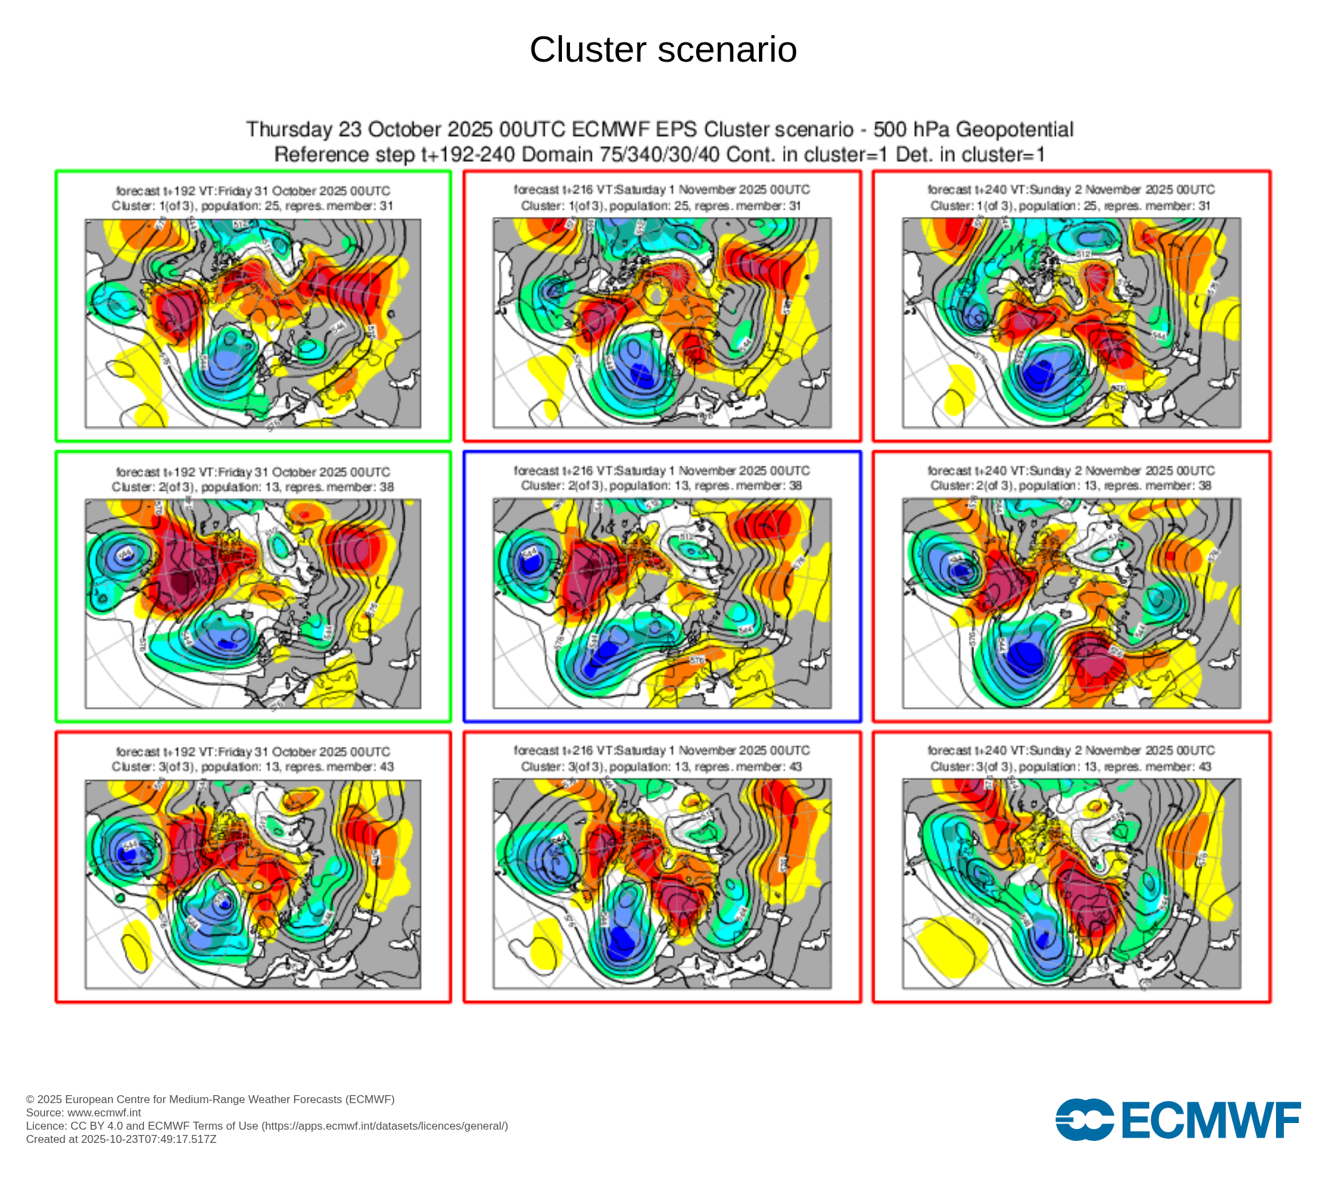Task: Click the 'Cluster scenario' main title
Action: (x=663, y=50)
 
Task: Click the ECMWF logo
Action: (x=1178, y=1120)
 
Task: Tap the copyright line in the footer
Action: (x=210, y=1099)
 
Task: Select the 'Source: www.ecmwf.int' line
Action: (x=84, y=1112)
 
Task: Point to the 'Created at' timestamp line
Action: (x=121, y=1139)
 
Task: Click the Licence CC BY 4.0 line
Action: (x=267, y=1126)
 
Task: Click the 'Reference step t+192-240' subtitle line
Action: (x=660, y=155)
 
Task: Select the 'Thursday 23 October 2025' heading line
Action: (x=660, y=129)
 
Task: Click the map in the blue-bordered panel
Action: (x=662, y=604)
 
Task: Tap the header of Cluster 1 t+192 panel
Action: (x=253, y=198)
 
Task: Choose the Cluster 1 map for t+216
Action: (x=662, y=323)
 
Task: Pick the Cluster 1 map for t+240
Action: (x=1071, y=323)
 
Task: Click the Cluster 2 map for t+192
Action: (x=253, y=604)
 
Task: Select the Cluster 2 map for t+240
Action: (x=1071, y=604)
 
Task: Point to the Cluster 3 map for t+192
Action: (x=253, y=884)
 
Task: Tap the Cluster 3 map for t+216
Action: (x=662, y=884)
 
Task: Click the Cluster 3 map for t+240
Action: (x=1071, y=884)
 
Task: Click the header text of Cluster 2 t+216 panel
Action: (x=662, y=478)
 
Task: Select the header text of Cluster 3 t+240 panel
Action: (x=1071, y=758)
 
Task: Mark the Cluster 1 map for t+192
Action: (x=253, y=323)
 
